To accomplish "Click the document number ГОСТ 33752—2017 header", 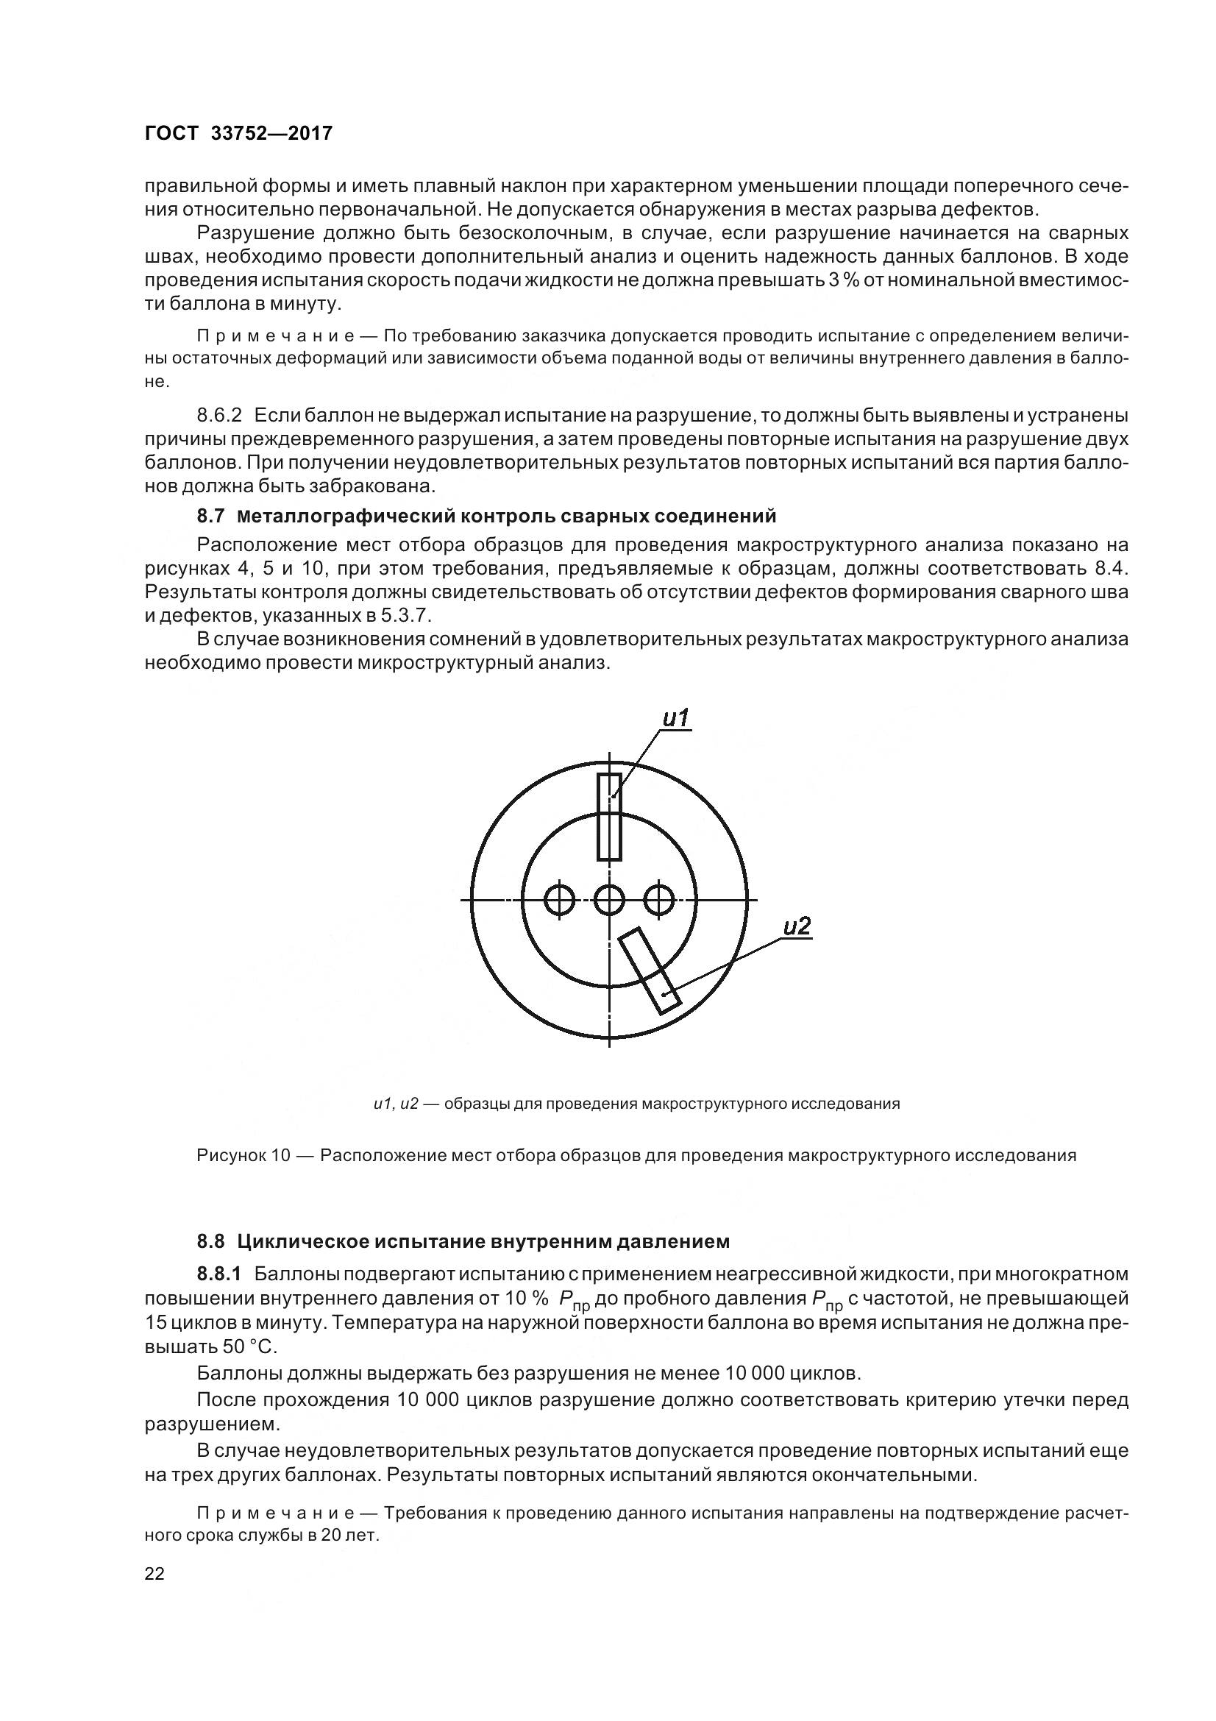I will [x=238, y=134].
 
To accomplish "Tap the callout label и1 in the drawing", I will [x=676, y=718].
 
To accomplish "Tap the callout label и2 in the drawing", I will [x=797, y=927].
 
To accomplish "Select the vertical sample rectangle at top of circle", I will [x=609, y=817].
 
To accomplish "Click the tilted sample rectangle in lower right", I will [x=650, y=970].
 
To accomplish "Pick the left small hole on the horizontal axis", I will [x=560, y=899].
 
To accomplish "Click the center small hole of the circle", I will [x=609, y=899].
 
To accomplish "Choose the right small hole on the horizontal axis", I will [x=658, y=899].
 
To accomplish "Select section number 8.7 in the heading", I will [x=211, y=517].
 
